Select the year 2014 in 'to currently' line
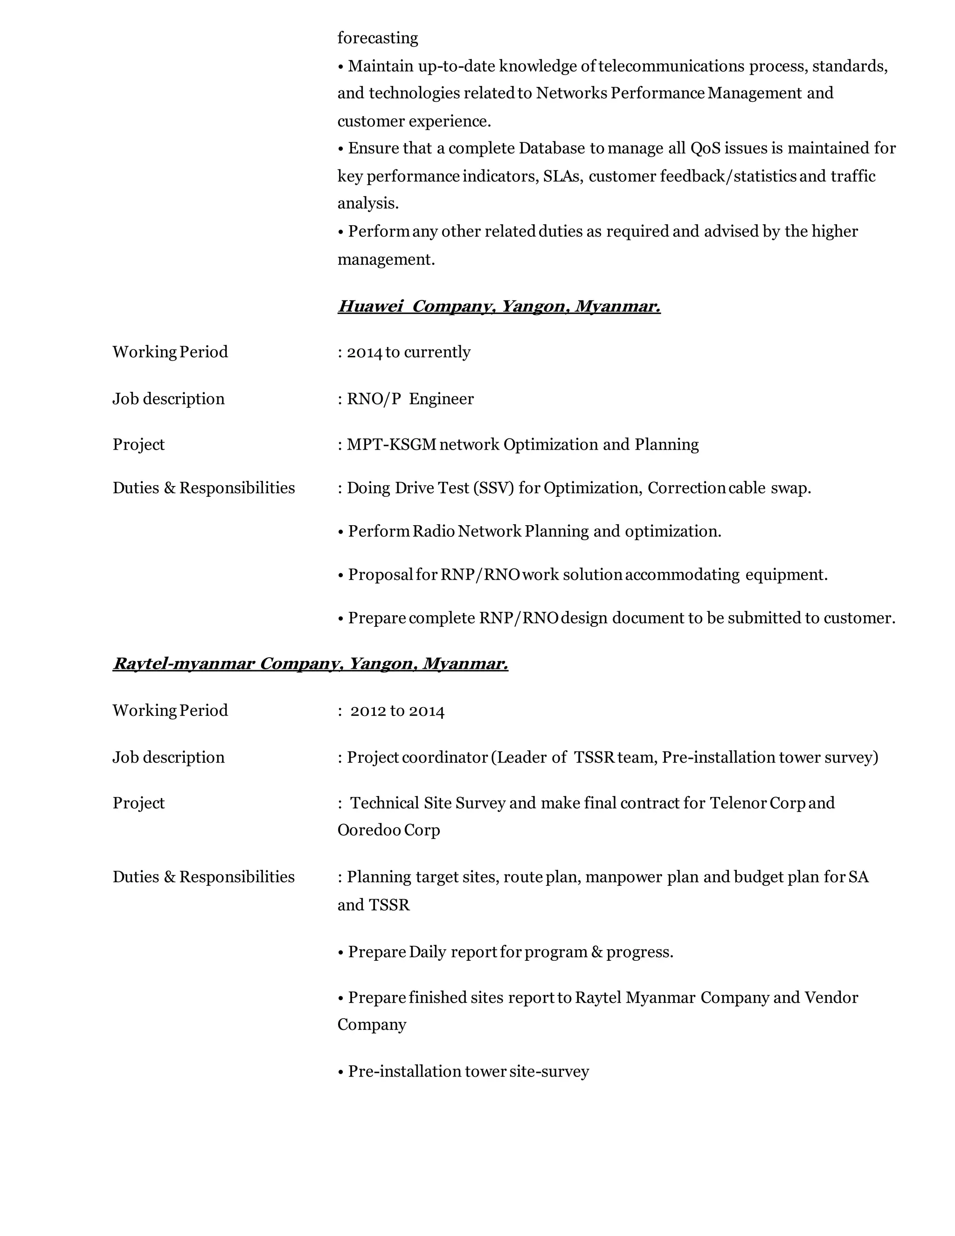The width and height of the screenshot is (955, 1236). point(364,352)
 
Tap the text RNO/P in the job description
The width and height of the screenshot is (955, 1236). point(374,399)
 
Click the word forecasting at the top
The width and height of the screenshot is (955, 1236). point(377,39)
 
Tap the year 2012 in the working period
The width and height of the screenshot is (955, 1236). point(368,711)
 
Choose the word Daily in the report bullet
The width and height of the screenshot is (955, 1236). point(427,952)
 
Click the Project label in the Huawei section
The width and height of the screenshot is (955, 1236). point(138,445)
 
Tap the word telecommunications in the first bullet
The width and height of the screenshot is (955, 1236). point(671,66)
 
